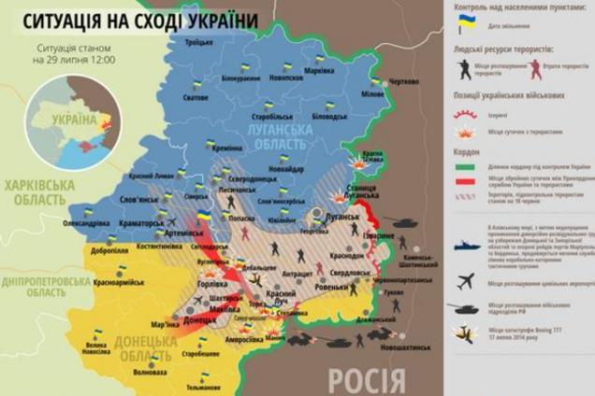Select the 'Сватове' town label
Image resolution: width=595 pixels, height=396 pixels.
point(195,97)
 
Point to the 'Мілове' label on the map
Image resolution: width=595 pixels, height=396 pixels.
point(371,94)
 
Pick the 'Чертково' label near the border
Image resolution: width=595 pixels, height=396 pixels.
point(404,82)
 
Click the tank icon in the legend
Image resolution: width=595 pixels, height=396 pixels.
point(466,307)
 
